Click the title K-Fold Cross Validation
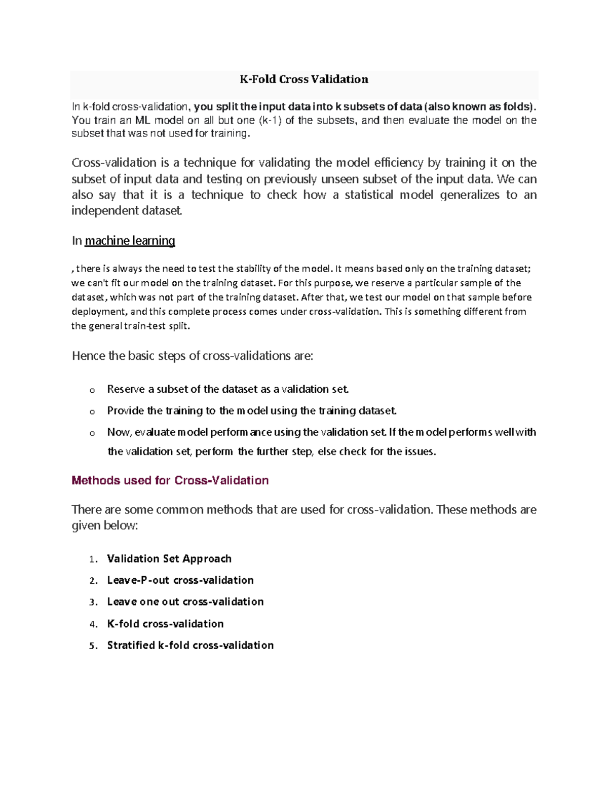click(x=303, y=79)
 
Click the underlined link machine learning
click(x=130, y=241)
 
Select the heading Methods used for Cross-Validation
click(x=170, y=480)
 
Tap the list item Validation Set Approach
click(x=169, y=558)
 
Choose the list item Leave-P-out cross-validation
click(x=180, y=580)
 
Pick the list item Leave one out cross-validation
click(x=185, y=602)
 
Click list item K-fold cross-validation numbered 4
click(x=165, y=624)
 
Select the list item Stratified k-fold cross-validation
click(x=191, y=645)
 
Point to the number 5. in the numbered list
click(x=93, y=646)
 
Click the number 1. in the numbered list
click(x=93, y=559)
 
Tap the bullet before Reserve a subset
click(x=92, y=390)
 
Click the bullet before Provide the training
click(x=92, y=411)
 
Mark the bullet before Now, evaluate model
click(x=92, y=433)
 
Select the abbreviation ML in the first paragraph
click(x=141, y=121)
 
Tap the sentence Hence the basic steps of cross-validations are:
click(x=193, y=356)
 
